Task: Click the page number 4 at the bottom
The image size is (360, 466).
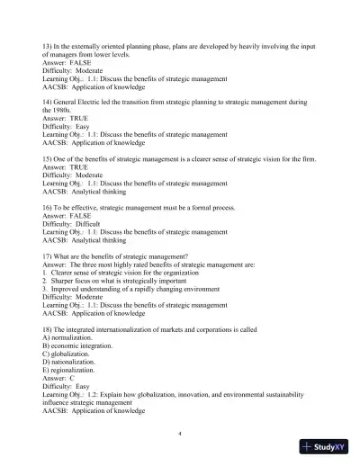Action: point(180,434)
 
